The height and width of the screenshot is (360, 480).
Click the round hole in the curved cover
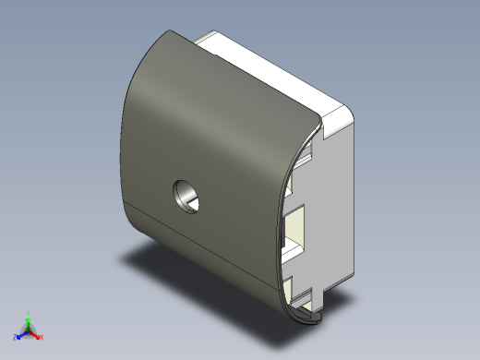pos(187,196)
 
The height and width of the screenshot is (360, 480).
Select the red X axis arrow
pos(37,335)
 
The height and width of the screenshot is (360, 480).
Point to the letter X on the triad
pos(42,337)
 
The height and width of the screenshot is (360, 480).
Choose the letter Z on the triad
pos(15,337)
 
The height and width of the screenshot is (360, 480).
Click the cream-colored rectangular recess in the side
pos(300,224)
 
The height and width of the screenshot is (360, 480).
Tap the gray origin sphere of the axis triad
pos(29,330)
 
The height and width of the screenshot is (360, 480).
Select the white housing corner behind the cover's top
pos(205,39)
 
